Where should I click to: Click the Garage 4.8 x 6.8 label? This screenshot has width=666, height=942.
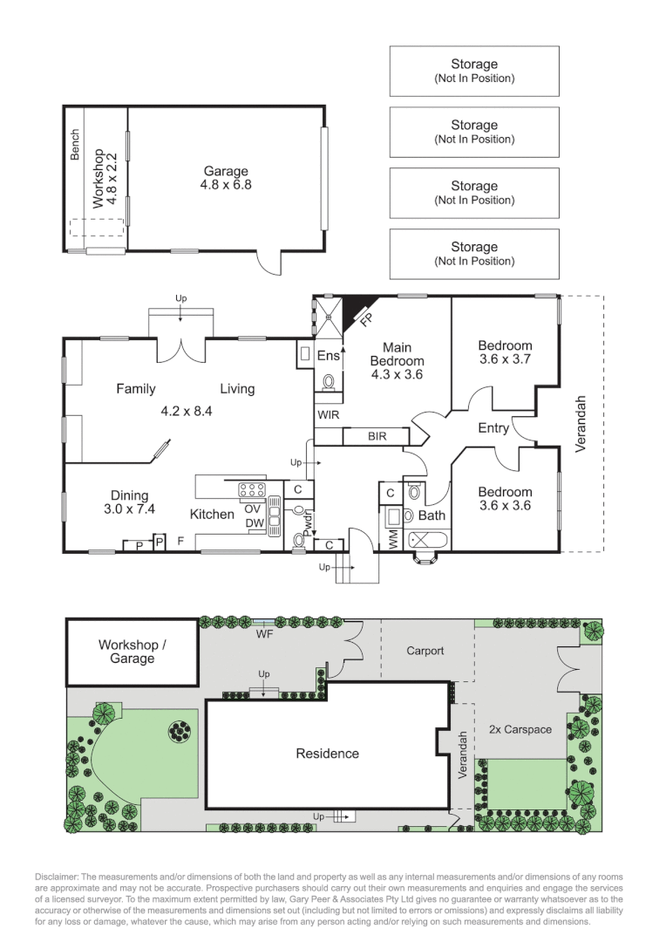(227, 178)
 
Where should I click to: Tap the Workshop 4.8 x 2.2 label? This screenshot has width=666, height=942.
(104, 178)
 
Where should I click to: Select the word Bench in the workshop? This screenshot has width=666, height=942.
(75, 145)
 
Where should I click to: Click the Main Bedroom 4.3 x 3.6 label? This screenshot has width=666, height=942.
(397, 361)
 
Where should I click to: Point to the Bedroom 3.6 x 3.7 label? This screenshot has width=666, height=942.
(505, 352)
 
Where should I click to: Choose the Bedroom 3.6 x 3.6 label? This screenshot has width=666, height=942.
(505, 498)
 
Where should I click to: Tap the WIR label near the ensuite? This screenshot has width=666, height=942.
(328, 414)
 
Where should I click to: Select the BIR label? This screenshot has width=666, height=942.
(377, 435)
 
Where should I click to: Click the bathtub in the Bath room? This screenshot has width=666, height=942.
(426, 540)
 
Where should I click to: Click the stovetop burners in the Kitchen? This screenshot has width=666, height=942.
(252, 489)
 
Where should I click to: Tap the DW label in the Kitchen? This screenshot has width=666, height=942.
(254, 523)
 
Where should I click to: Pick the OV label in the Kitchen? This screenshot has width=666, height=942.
(254, 509)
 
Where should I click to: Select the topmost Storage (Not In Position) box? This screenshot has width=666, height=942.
(474, 71)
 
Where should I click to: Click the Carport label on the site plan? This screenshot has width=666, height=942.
(425, 651)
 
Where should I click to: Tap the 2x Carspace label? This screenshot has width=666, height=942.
(520, 729)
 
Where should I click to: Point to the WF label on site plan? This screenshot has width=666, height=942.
(264, 634)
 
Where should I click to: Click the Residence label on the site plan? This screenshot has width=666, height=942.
(327, 754)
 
